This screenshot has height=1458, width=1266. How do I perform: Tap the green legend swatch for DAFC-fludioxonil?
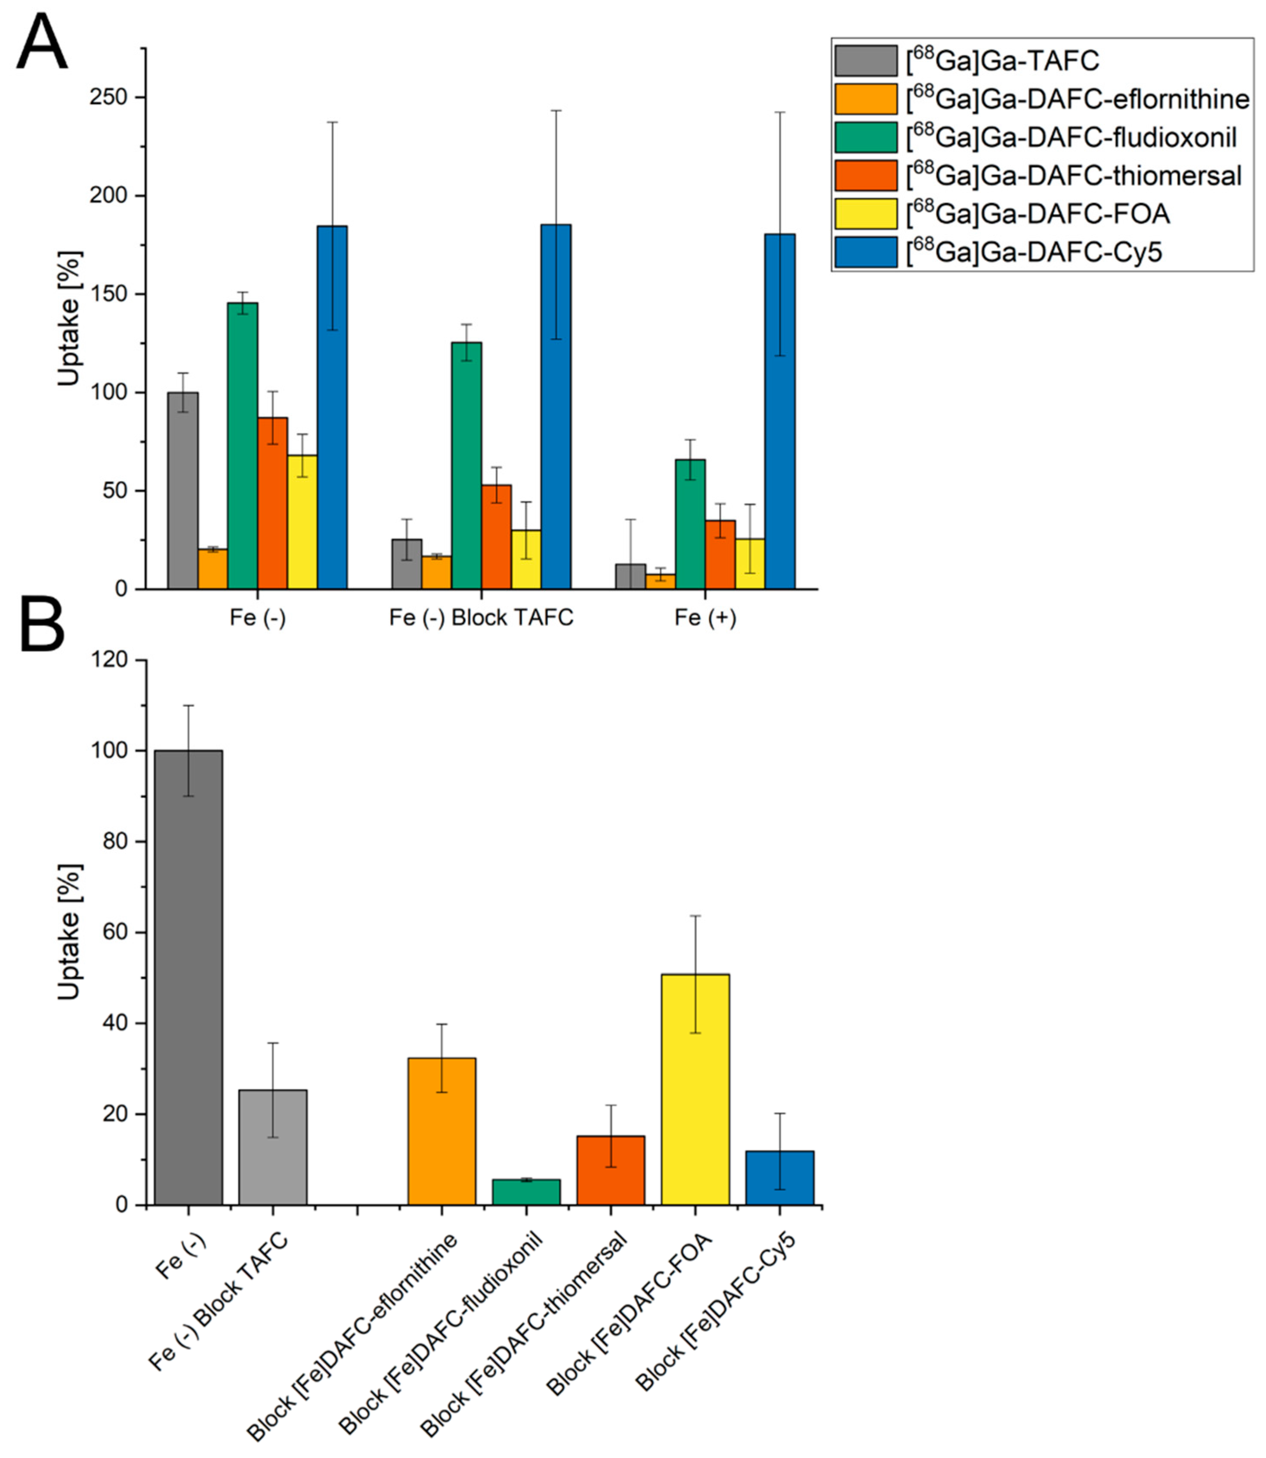click(x=866, y=137)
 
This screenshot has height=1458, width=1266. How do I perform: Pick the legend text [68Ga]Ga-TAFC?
click(x=1003, y=61)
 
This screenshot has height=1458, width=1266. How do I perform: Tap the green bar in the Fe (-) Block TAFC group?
click(x=467, y=465)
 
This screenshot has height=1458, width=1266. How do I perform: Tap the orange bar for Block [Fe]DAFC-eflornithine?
click(x=442, y=1131)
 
